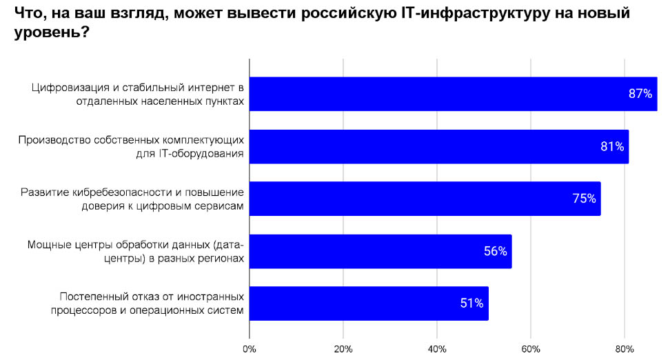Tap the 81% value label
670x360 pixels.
point(612,146)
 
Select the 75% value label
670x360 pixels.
point(584,199)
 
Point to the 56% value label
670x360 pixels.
point(496,251)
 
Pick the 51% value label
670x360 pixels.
point(472,303)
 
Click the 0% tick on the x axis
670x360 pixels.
point(250,349)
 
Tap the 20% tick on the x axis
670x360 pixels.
point(343,349)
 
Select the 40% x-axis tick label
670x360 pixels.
point(437,349)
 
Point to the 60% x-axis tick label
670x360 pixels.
point(531,349)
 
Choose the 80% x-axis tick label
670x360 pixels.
point(625,349)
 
